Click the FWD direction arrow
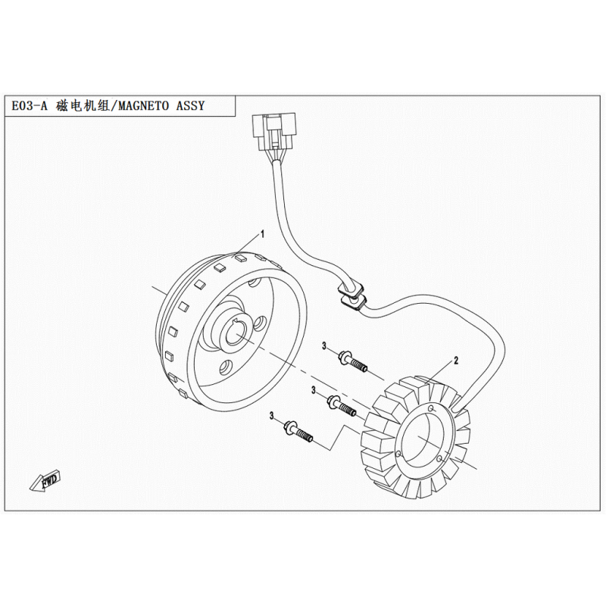coord(45,480)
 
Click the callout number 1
coord(262,234)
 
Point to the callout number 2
coord(456,361)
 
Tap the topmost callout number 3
coord(325,346)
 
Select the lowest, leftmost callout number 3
coord(272,416)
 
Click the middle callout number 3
coord(314,391)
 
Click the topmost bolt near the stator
coord(352,361)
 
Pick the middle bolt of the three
coord(342,406)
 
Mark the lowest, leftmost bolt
coord(298,432)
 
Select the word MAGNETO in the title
coord(143,105)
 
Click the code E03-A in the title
coord(29,106)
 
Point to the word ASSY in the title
coord(190,105)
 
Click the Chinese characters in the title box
coord(83,105)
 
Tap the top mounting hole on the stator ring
coord(432,408)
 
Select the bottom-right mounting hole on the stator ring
coord(439,459)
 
